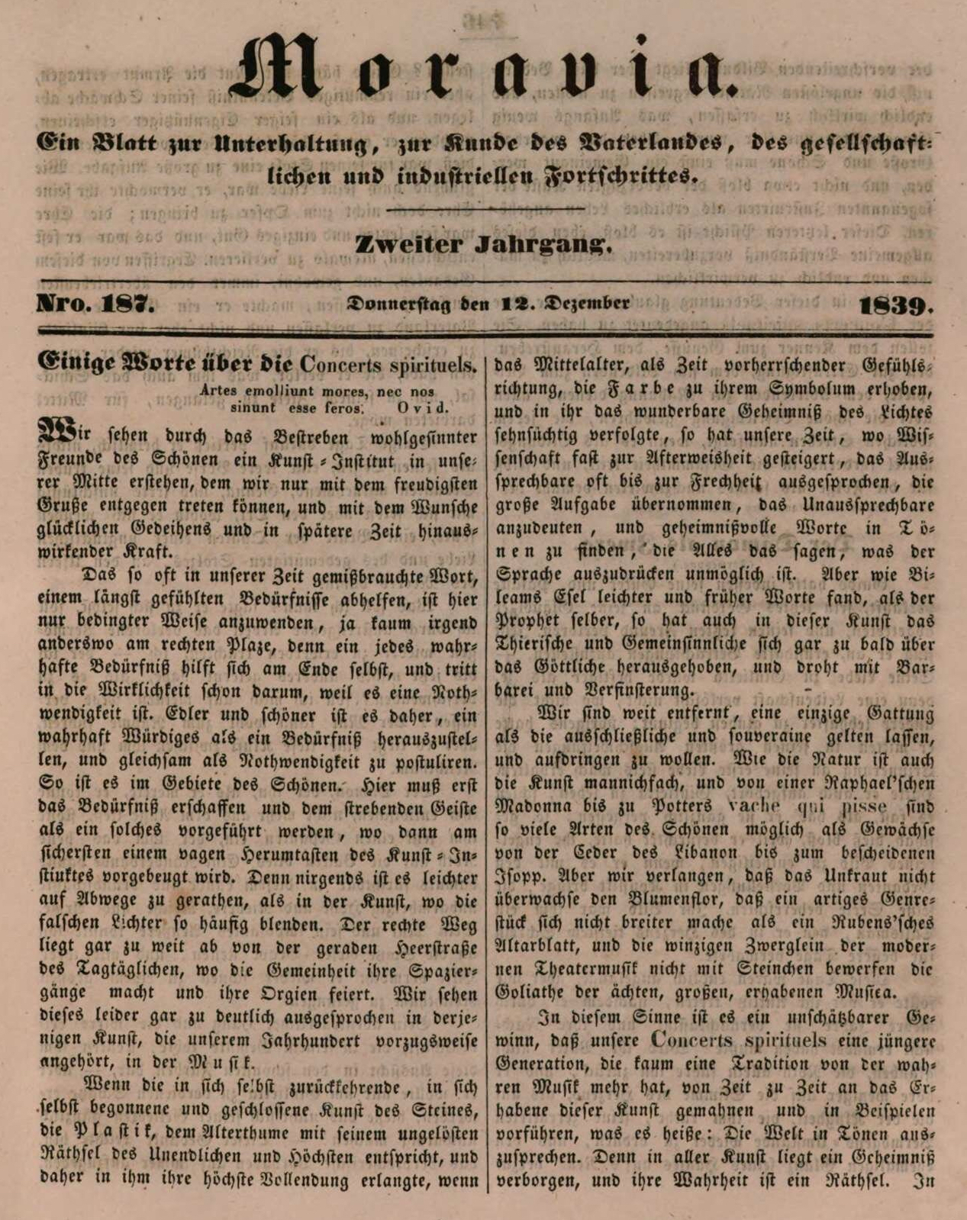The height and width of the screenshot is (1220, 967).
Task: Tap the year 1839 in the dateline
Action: (895, 305)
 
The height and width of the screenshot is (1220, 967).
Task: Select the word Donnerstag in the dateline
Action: (398, 303)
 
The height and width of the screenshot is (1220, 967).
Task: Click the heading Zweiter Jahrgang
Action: (483, 245)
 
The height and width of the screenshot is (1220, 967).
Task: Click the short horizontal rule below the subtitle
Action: (486, 208)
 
